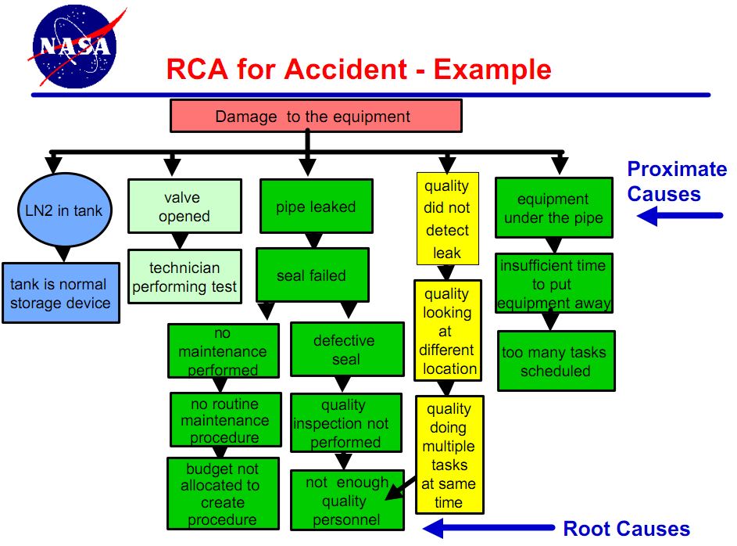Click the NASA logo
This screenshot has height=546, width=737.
[73, 46]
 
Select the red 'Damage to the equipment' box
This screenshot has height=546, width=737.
[316, 117]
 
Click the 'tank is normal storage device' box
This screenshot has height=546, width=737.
[61, 293]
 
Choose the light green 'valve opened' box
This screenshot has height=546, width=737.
[184, 207]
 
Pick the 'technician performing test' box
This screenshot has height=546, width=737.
[184, 278]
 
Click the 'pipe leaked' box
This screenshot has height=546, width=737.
[316, 207]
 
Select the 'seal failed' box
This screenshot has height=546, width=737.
[311, 275]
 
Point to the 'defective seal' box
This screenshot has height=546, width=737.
[344, 350]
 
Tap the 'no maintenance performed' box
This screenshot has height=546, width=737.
[223, 351]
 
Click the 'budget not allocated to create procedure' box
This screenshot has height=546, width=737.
[223, 494]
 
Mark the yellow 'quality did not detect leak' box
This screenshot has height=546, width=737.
[447, 219]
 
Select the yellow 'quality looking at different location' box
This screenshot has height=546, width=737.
[449, 331]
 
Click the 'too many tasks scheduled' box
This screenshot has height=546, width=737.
[555, 361]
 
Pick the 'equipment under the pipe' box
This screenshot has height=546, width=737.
[553, 208]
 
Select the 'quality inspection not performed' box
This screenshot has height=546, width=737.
[344, 423]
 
